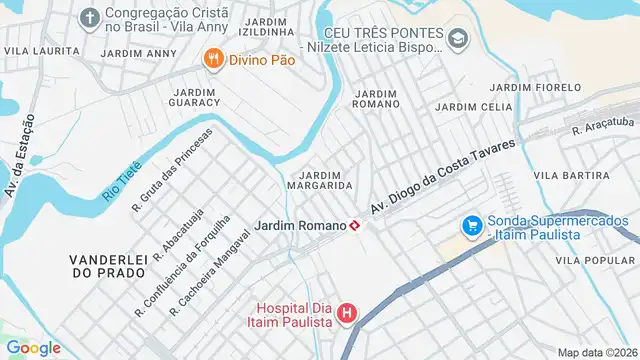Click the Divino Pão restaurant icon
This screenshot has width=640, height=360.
pos(212,60)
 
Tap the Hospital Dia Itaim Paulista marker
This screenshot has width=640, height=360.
pos(347,314)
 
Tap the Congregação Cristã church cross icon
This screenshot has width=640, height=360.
pos(89,19)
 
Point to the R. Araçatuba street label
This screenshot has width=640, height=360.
pos(605,126)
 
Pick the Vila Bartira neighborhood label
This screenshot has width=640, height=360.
pos(572,175)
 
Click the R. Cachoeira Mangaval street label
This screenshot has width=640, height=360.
pos(209,273)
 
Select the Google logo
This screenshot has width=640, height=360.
pos(33,347)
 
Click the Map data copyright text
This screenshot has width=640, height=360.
pos(597,352)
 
